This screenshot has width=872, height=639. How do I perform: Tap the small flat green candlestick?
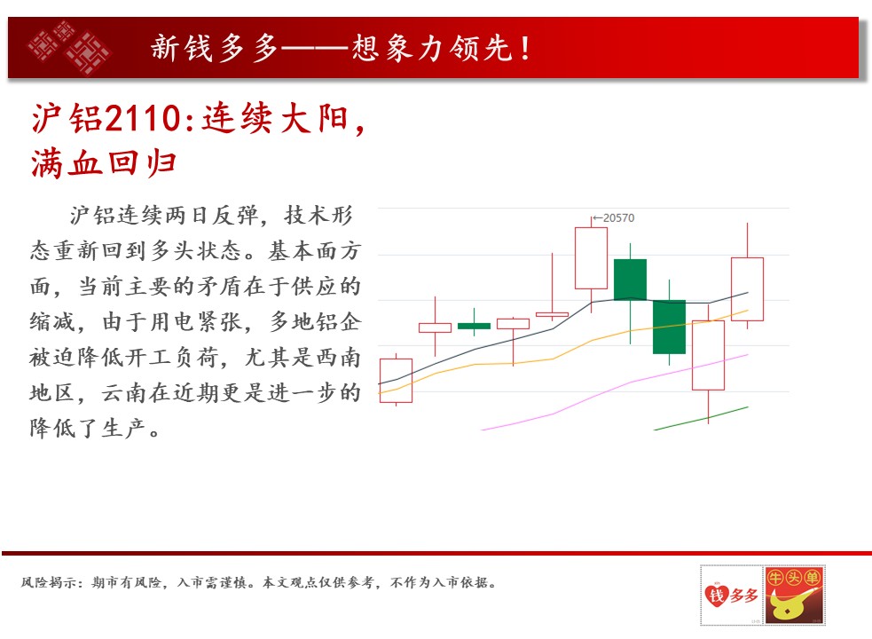(x=474, y=326)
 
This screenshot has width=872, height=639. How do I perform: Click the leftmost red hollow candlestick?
(x=396, y=381)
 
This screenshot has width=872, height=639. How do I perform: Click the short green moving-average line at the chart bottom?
(x=702, y=419)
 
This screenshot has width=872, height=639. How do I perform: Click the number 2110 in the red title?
(x=142, y=119)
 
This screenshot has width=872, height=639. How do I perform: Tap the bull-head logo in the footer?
(x=794, y=595)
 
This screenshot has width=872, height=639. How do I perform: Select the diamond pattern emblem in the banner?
(x=69, y=47)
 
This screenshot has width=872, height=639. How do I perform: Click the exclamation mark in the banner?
(x=524, y=48)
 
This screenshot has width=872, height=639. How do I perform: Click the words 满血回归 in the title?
(x=104, y=163)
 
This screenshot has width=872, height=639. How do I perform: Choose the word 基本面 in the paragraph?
(x=302, y=251)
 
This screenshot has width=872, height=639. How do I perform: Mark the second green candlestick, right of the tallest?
(x=669, y=327)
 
